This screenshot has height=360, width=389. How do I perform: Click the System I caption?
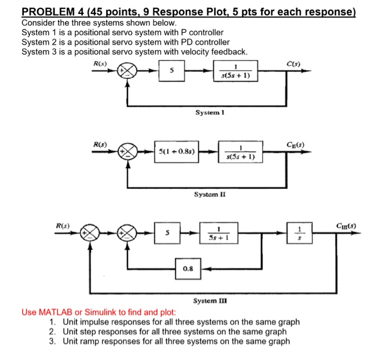click(x=210, y=113)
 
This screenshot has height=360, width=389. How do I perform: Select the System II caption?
click(x=210, y=194)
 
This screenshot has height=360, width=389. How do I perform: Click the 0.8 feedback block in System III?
click(x=188, y=268)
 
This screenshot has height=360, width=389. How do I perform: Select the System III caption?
click(x=210, y=301)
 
